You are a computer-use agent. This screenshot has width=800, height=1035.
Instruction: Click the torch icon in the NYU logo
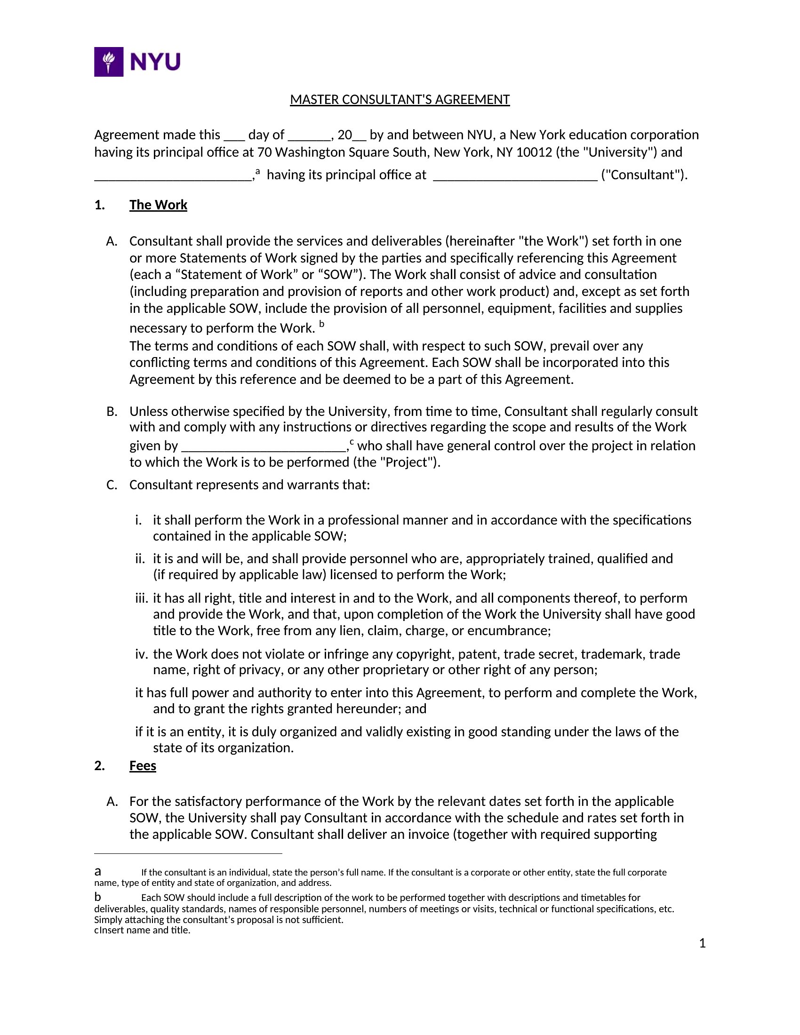coord(109,62)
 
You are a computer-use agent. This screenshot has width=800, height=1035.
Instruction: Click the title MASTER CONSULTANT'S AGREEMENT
coord(400,100)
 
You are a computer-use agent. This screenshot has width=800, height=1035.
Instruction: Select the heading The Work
coord(158,205)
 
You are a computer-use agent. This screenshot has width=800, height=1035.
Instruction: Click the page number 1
coord(702,944)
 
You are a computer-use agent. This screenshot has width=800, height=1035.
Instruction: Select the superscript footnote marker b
coord(322,324)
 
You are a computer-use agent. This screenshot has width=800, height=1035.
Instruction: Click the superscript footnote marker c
coord(352,442)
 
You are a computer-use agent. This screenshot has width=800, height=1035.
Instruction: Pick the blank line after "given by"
coord(264,446)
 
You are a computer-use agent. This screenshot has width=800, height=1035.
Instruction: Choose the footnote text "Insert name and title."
coord(144,930)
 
